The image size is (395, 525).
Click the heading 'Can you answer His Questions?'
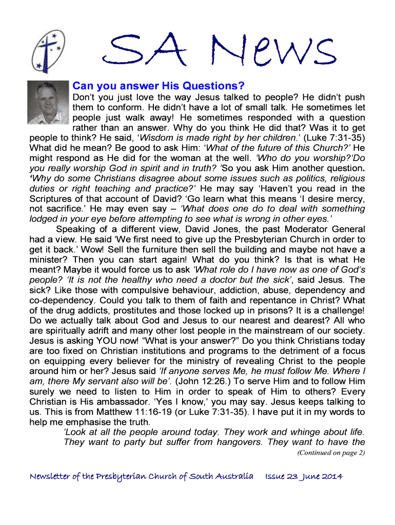[x=159, y=85]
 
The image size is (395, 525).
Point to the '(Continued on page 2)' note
[x=331, y=452]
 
